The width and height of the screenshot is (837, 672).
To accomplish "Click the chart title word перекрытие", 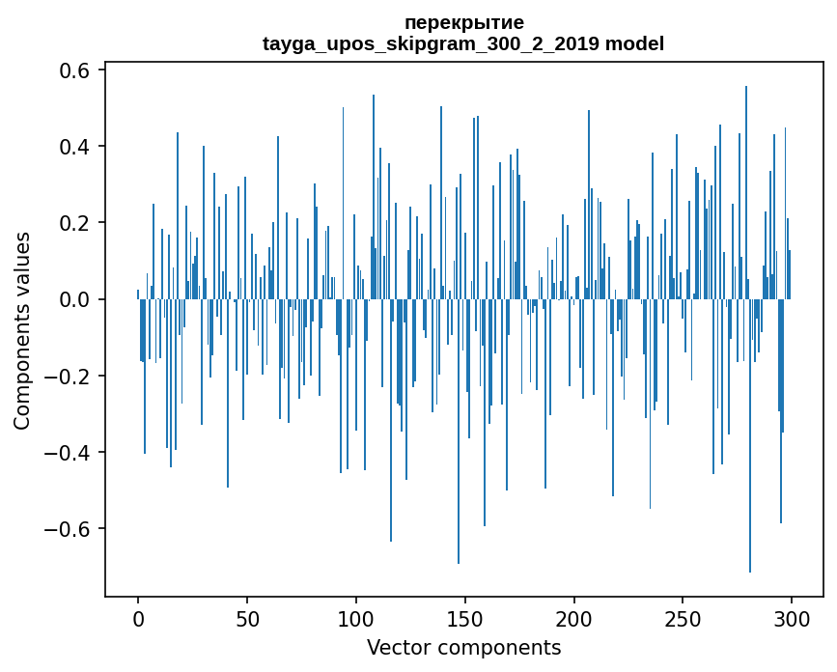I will (x=463, y=22).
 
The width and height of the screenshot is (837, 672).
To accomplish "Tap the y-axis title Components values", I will (x=22, y=330).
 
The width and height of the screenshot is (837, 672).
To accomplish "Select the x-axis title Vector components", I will (x=463, y=647).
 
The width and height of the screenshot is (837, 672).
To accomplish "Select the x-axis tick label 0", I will (x=138, y=618).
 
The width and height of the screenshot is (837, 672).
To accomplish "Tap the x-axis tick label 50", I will (x=247, y=618).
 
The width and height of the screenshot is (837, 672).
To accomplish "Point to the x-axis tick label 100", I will (x=356, y=618).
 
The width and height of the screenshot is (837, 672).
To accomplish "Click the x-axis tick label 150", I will (x=465, y=618).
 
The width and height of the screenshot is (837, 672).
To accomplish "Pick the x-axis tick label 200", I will (x=574, y=618).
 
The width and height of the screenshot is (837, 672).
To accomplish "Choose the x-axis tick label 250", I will (x=684, y=618).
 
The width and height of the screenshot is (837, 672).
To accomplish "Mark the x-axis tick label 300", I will (x=792, y=618).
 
